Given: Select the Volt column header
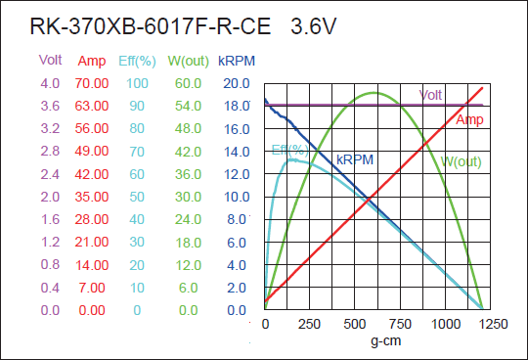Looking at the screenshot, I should [50, 60].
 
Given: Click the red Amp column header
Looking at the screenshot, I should [92, 61].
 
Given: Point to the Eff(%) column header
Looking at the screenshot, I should [135, 61].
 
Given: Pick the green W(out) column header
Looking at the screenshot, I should [189, 61].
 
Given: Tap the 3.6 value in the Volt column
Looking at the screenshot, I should [50, 106].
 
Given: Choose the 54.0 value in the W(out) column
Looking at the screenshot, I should [189, 106].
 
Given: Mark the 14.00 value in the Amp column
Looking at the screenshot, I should [92, 265].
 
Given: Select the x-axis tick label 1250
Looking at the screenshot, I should [491, 324].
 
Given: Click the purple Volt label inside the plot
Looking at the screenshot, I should [431, 95].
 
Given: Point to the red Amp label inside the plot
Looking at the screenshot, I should [469, 119].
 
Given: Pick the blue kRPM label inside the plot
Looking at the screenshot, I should [354, 159].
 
